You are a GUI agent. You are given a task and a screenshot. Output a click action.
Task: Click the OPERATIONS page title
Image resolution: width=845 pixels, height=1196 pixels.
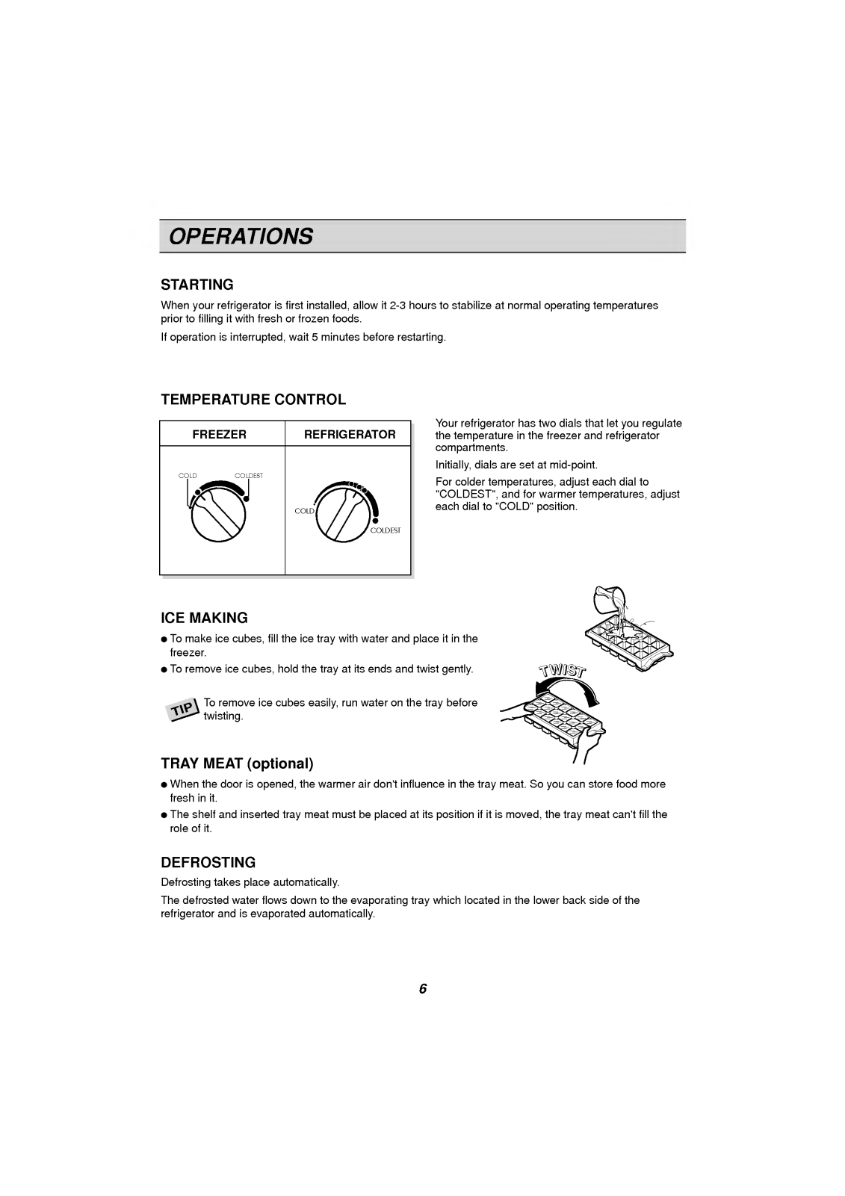pyautogui.click(x=241, y=236)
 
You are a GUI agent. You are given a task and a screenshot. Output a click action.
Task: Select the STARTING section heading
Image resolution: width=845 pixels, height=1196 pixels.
pyautogui.click(x=197, y=285)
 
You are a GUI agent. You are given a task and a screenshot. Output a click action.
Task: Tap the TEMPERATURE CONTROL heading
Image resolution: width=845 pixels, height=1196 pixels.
pyautogui.click(x=253, y=400)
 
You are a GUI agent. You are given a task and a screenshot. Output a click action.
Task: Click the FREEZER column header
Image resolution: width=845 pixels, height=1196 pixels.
pyautogui.click(x=220, y=434)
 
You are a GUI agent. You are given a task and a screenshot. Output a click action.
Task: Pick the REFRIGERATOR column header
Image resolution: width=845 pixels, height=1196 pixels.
pyautogui.click(x=350, y=434)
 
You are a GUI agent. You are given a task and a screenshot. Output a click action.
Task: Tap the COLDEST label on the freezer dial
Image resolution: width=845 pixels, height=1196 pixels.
pyautogui.click(x=249, y=476)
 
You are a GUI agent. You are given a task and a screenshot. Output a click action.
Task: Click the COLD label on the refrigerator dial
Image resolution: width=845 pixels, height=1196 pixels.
pyautogui.click(x=304, y=511)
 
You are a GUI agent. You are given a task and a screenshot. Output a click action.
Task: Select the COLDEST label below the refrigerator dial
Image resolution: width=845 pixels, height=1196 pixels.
pyautogui.click(x=386, y=530)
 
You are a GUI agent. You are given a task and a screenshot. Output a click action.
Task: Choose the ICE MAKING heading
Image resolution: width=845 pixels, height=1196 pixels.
pyautogui.click(x=204, y=618)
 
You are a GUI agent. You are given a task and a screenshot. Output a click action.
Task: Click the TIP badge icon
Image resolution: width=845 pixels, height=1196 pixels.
pyautogui.click(x=183, y=710)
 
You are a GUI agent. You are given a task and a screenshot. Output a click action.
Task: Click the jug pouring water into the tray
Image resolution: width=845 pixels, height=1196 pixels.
pyautogui.click(x=607, y=601)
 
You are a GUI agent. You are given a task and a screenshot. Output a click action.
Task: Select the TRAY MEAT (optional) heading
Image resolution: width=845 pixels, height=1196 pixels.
pyautogui.click(x=237, y=763)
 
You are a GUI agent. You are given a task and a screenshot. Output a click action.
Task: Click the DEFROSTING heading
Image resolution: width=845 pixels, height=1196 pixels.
pyautogui.click(x=208, y=863)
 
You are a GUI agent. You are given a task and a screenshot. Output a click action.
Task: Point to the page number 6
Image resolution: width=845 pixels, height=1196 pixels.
pyautogui.click(x=423, y=989)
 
